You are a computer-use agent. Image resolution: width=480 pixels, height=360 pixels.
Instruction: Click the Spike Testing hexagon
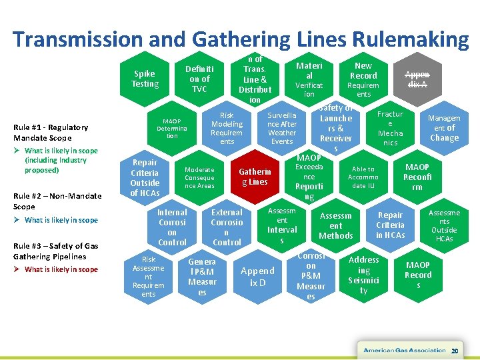pos(145,79)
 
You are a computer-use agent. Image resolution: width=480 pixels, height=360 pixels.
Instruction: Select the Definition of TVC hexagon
pos(199,79)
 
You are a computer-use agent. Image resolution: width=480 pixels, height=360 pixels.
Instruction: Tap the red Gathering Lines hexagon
pos(255,177)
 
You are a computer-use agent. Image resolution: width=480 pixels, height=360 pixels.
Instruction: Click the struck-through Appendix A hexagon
pos(418,80)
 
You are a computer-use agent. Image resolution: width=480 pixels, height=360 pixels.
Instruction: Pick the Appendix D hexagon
pos(257,275)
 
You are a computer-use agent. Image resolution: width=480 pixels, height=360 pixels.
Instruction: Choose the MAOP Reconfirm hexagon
pos(417,177)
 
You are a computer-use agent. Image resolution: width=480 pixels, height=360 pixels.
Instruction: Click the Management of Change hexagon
pos(444,128)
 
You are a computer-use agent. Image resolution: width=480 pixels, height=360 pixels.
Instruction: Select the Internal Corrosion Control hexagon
pos(172,227)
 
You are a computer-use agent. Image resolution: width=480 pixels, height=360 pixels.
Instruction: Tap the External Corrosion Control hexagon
pos(227,227)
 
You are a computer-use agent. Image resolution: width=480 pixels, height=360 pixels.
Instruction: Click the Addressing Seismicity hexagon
pos(363,275)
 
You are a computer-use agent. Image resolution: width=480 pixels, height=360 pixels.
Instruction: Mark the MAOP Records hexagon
pos(418,275)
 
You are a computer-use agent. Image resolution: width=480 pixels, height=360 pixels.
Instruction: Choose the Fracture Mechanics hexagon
pos(390,128)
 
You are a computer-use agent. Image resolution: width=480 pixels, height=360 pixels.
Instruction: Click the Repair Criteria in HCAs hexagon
pos(390,225)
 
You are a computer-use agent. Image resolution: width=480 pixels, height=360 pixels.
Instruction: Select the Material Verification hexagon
pos(309,79)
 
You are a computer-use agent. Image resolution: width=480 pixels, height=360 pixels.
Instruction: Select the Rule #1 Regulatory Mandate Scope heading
pos(51,132)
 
